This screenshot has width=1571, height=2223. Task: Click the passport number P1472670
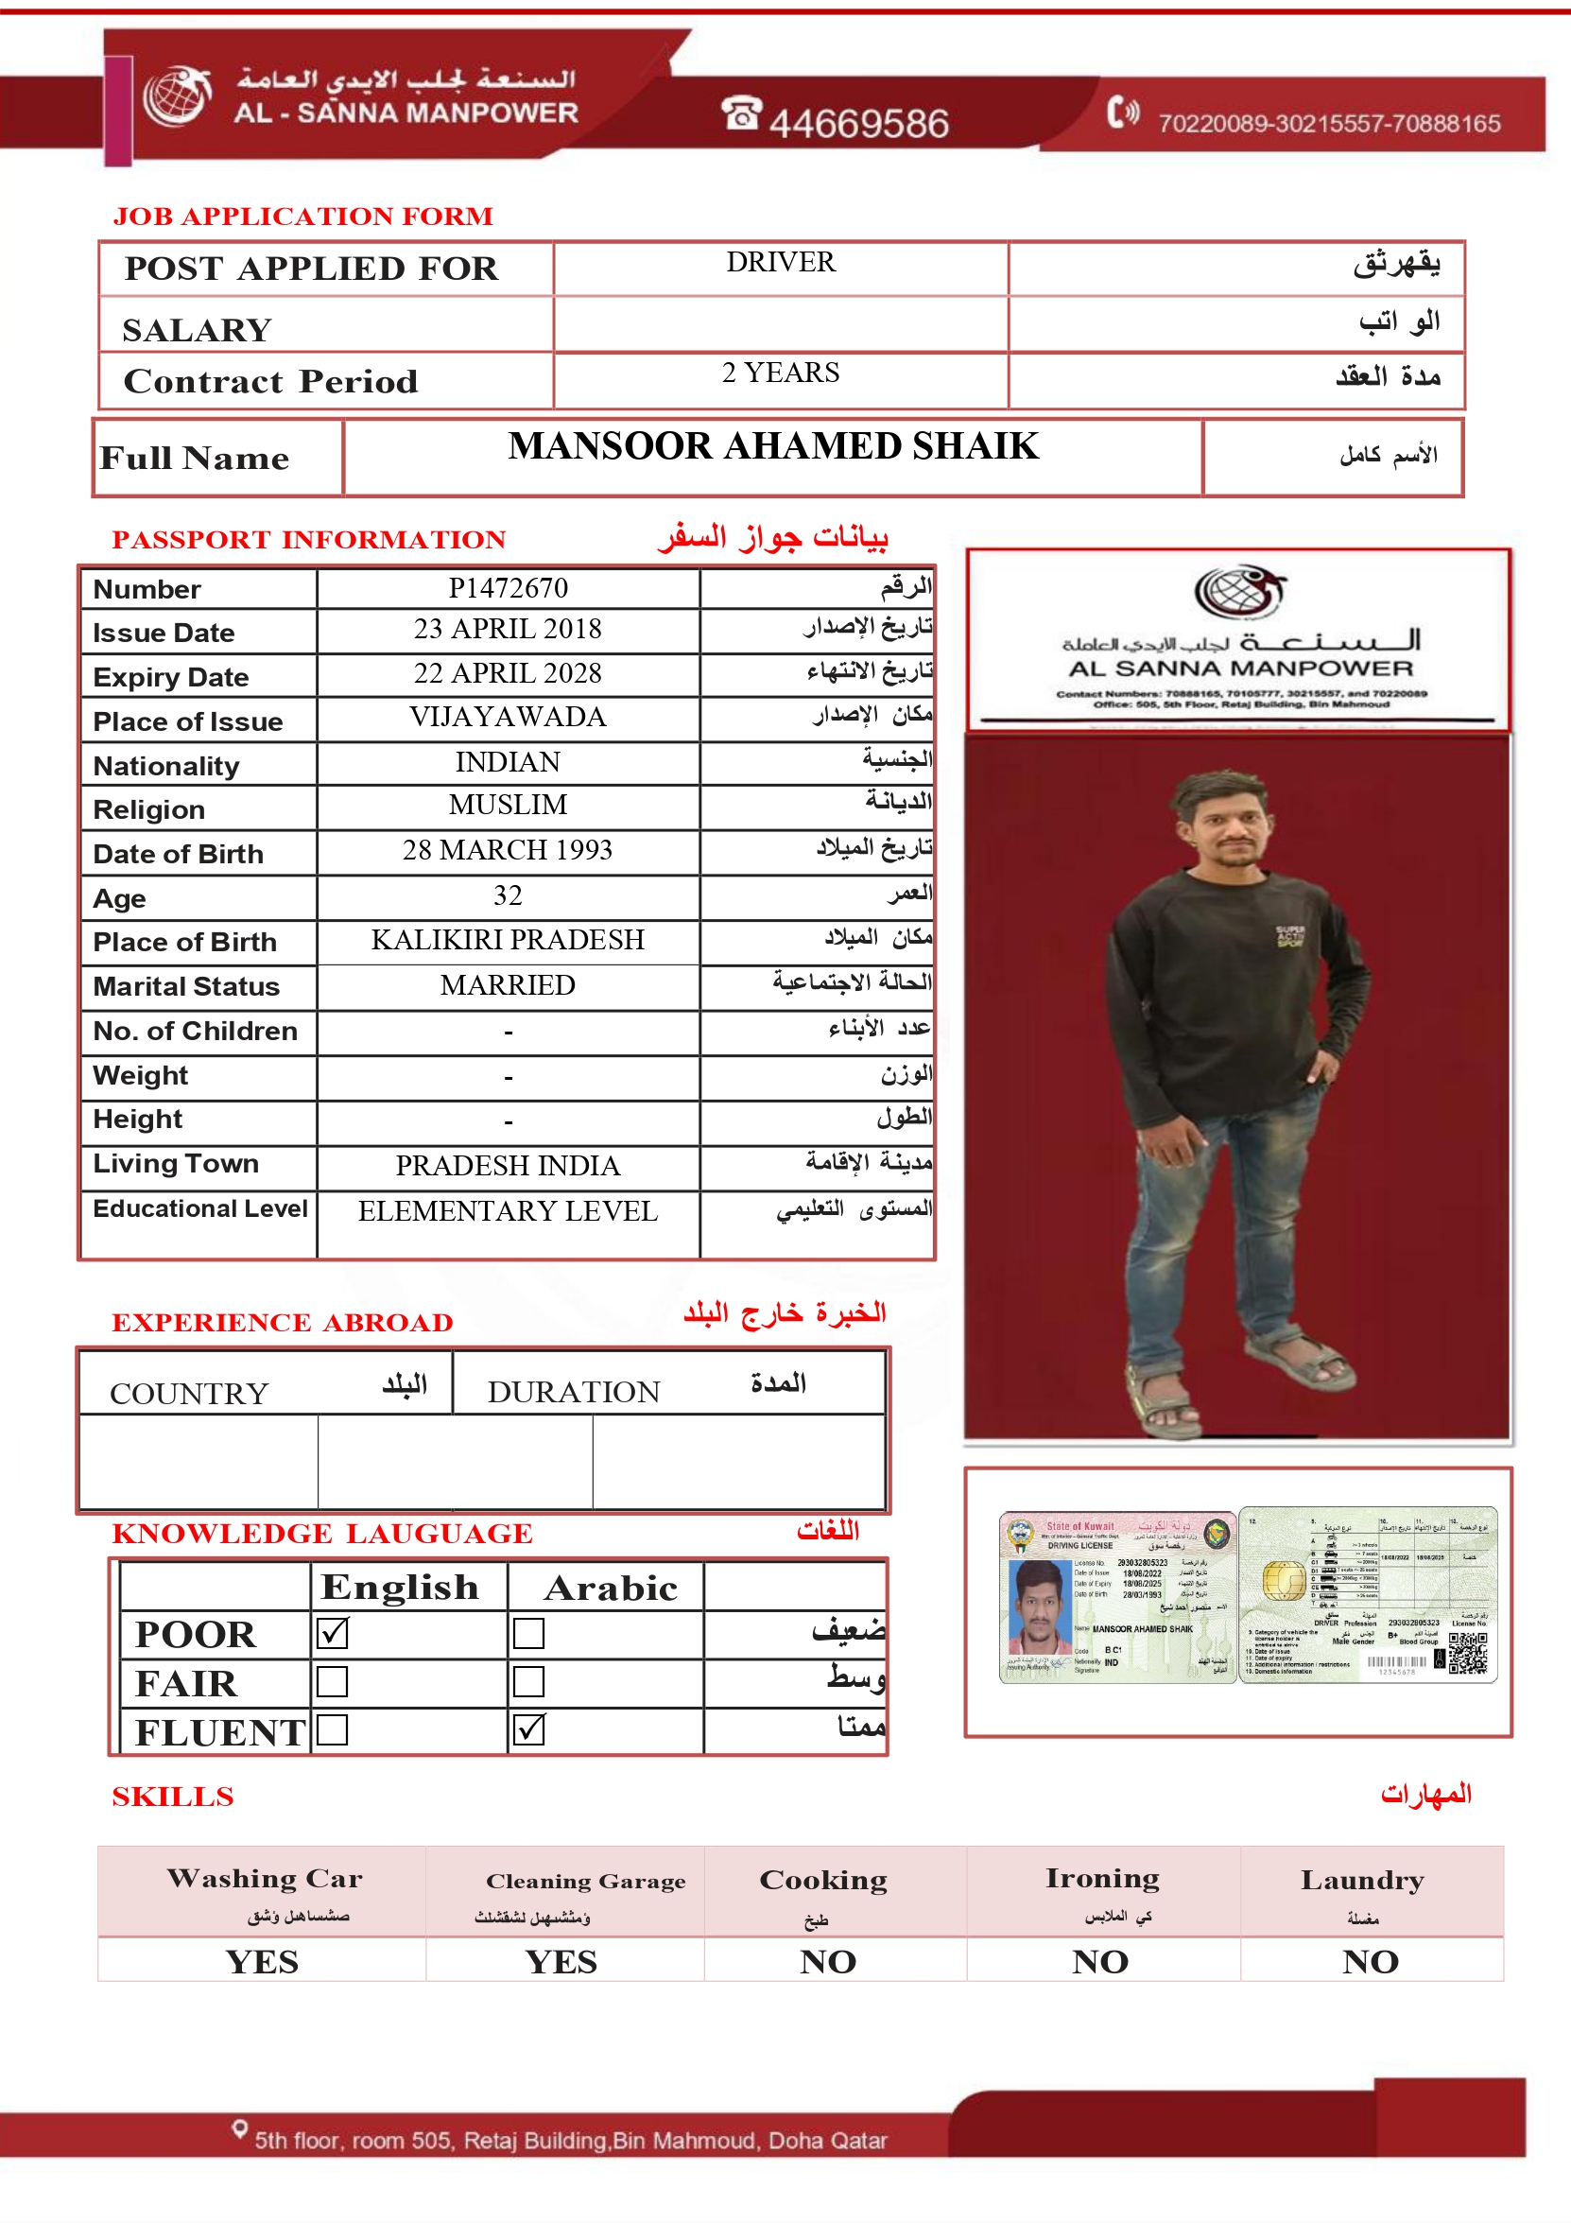pos(508,588)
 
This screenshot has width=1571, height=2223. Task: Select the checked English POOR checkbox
pos(332,1632)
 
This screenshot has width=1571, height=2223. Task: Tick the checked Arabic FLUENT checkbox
pos(528,1729)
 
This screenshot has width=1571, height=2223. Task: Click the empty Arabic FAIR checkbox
pos(528,1682)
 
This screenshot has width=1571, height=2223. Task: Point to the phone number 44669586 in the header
pos(857,123)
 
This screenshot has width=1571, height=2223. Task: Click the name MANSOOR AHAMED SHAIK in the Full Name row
pos(772,446)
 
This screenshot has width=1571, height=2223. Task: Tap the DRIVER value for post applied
pos(780,262)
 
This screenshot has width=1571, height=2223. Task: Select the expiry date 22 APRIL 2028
pos(508,673)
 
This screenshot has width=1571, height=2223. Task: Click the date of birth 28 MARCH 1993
pos(508,850)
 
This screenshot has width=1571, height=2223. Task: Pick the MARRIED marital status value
pos(508,985)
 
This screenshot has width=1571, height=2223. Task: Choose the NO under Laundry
pos(1370,1962)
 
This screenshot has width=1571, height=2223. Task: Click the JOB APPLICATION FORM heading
pos(303,216)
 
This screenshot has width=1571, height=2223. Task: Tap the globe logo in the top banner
pos(177,96)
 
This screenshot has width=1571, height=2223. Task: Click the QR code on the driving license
pos(1467,1653)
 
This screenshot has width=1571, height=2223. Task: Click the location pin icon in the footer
pos(239,2129)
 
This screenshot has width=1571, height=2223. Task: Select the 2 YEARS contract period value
pos(780,373)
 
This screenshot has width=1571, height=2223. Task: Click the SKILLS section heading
pos(172,1797)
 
